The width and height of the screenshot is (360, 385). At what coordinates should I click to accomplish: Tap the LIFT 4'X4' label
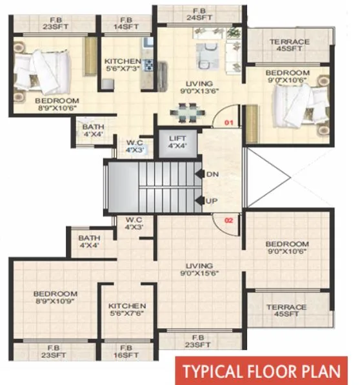(x=177, y=143)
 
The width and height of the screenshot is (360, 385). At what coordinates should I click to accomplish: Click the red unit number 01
(x=228, y=122)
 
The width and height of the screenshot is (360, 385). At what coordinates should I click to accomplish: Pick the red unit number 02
(x=228, y=220)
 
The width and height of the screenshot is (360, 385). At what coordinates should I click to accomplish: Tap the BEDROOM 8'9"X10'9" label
(x=55, y=298)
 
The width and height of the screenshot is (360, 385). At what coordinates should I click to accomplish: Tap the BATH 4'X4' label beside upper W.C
(x=92, y=131)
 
